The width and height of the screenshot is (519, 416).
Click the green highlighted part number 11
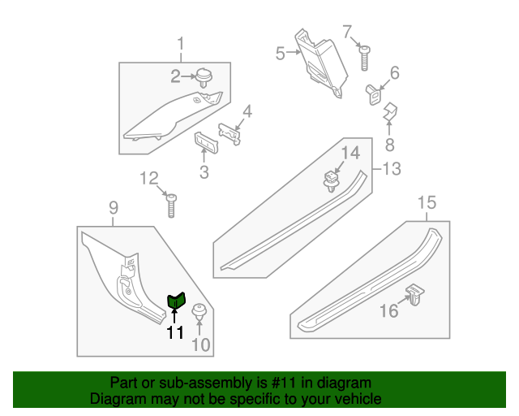point(177,301)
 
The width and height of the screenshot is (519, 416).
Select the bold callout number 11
point(175,332)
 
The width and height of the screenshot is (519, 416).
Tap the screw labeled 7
point(364,58)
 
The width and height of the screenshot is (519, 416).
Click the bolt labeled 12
point(171,206)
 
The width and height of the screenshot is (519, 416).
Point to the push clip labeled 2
point(204,78)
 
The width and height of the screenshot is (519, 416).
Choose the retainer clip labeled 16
point(415,294)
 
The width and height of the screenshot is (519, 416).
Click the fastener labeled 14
point(331,182)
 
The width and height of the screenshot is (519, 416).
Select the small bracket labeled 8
point(391,111)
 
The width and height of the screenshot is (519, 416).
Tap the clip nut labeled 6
point(374,94)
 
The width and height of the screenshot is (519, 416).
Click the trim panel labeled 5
point(321,63)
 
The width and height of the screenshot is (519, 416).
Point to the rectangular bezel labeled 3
point(206,143)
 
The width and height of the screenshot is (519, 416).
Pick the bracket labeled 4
point(229,134)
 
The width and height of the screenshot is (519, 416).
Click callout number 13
point(392,168)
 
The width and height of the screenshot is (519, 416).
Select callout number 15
point(427,202)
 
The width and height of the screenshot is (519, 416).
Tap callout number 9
point(114,208)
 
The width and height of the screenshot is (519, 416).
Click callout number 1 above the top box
point(180,44)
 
